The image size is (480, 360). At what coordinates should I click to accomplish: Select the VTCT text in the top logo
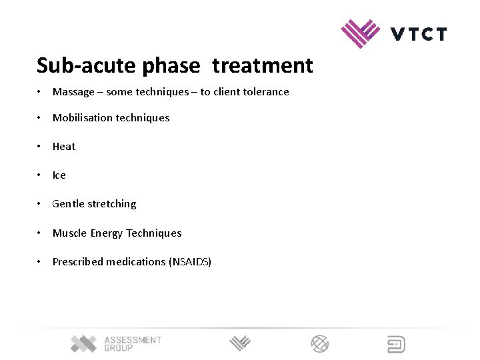[419, 34]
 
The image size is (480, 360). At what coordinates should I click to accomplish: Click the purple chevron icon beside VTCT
[360, 33]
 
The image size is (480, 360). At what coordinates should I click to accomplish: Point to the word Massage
[73, 92]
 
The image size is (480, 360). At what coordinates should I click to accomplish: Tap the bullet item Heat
[64, 147]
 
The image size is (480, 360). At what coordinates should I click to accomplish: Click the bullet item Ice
[59, 175]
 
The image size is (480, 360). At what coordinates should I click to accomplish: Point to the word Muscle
[70, 233]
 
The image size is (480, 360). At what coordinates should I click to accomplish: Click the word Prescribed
[78, 262]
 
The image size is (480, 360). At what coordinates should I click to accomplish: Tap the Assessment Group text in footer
[132, 344]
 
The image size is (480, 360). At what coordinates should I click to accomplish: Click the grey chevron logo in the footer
[240, 344]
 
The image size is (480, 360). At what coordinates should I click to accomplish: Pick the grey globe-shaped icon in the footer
[320, 344]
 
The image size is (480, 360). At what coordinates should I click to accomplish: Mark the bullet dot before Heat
[41, 147]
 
